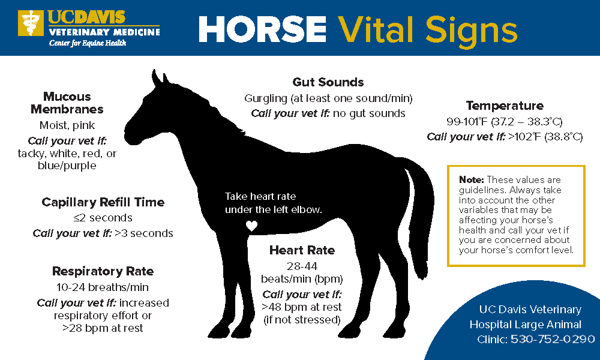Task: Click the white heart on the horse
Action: coord(251,226)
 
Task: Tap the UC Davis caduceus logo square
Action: coord(31,23)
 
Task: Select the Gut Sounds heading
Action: coord(328,82)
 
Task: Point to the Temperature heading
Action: coord(505,106)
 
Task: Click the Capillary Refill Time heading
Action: coord(103,202)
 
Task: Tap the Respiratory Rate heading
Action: coord(103,271)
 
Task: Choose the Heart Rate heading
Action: coord(302,250)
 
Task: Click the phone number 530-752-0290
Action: coord(553,339)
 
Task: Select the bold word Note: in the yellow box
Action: coord(472,180)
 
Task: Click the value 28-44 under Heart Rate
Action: coord(302,266)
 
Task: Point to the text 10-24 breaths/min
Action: coord(103,287)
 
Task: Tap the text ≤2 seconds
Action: coord(103,218)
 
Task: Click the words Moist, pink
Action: coord(67,125)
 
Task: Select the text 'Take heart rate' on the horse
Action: coord(260,197)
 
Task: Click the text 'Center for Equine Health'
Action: coord(88,43)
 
